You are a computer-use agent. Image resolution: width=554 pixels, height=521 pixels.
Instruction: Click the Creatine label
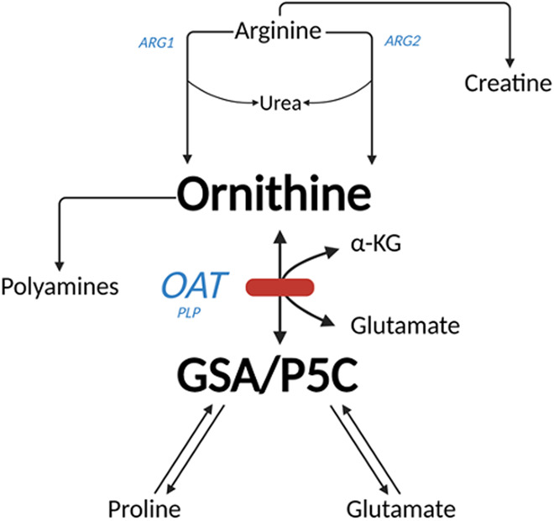(x=508, y=83)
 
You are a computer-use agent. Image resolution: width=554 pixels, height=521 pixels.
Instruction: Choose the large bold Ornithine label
(x=274, y=195)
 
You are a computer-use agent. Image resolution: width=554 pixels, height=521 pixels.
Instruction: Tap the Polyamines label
(x=60, y=286)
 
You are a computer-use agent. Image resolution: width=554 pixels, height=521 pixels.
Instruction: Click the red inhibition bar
(x=280, y=287)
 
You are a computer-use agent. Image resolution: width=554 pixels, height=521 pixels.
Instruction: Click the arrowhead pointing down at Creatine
(x=509, y=61)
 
